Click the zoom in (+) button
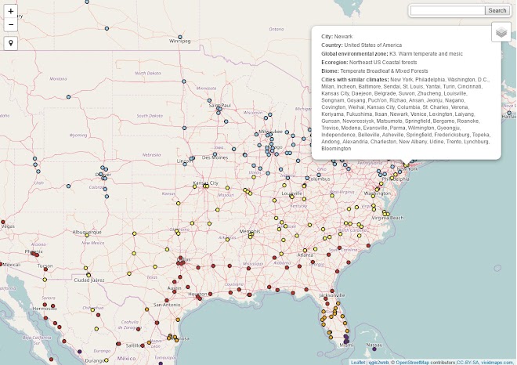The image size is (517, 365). pyautogui.click(x=11, y=12)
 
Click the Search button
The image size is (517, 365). pyautogui.click(x=497, y=10)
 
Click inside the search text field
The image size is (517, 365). pyautogui.click(x=447, y=10)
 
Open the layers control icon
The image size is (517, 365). pyautogui.click(x=501, y=32)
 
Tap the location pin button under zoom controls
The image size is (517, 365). pyautogui.click(x=11, y=43)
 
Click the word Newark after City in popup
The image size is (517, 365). pyautogui.click(x=344, y=37)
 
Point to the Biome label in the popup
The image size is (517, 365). pyautogui.click(x=330, y=70)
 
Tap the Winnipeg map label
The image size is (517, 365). pyautogui.click(x=180, y=41)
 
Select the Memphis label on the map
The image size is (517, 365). pyautogui.click(x=250, y=232)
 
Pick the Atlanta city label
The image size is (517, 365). pyautogui.click(x=305, y=255)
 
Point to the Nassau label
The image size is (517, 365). pyautogui.click(x=374, y=345)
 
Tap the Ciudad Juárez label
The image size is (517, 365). pyautogui.click(x=88, y=279)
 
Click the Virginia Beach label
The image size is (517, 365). pyautogui.click(x=387, y=218)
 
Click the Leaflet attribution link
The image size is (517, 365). pyautogui.click(x=357, y=362)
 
